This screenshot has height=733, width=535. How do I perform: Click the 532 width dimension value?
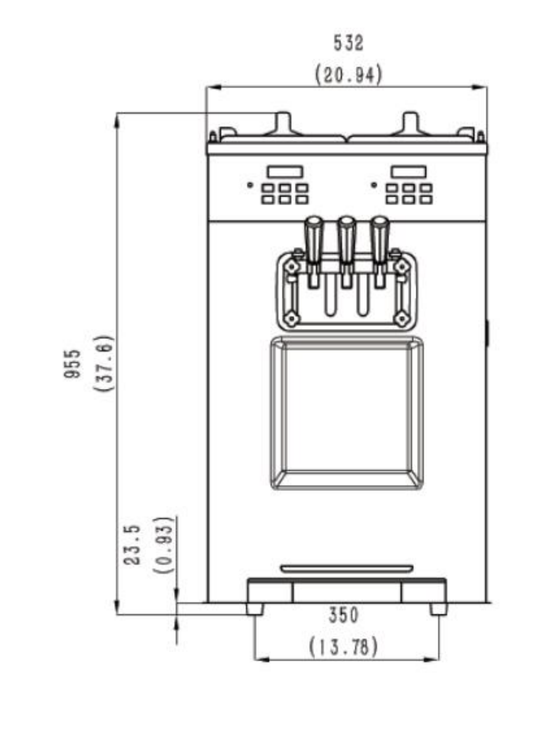point(348,43)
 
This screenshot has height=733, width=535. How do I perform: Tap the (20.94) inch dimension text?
point(348,75)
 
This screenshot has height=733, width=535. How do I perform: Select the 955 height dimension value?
point(72,364)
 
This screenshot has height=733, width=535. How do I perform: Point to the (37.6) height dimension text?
point(104,363)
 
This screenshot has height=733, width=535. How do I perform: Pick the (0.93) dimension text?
point(163,545)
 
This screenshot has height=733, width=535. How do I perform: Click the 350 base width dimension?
point(343,615)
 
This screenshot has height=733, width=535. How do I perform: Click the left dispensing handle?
point(314,240)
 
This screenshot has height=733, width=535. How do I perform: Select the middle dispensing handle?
point(347,240)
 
